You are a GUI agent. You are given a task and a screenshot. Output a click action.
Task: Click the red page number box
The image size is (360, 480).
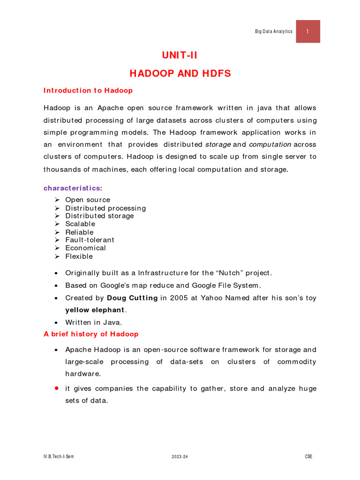308,31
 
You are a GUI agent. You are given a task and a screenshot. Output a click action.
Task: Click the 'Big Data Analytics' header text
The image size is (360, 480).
273,31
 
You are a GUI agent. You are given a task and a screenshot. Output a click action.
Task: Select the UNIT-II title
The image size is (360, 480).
180,55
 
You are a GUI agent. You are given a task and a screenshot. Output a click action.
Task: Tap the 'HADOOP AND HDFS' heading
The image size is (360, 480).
180,74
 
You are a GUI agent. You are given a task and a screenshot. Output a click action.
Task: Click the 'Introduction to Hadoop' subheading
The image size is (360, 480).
88,90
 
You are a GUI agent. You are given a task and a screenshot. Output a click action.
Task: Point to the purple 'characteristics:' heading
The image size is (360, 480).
73,188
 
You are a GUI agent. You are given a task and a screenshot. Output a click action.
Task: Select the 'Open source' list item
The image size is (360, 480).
88,200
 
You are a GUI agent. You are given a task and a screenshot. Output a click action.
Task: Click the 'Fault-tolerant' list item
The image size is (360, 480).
90,240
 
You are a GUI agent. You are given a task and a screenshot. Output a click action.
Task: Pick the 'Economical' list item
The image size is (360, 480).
85,248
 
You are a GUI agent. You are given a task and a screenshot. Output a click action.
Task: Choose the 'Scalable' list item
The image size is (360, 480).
80,224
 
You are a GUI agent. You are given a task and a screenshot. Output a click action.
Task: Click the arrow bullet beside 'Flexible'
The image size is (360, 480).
57,256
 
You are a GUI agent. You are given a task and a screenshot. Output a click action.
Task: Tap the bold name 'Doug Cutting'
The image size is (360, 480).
132,298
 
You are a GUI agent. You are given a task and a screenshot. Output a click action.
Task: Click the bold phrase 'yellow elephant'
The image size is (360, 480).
95,310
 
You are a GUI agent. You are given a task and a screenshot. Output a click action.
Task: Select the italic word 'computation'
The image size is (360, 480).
270,144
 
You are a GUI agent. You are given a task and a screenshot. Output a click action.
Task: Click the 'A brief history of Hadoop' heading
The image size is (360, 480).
91,334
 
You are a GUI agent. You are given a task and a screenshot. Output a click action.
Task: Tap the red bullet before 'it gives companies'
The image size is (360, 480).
56,389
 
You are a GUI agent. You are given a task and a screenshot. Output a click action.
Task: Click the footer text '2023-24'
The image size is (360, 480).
180,457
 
